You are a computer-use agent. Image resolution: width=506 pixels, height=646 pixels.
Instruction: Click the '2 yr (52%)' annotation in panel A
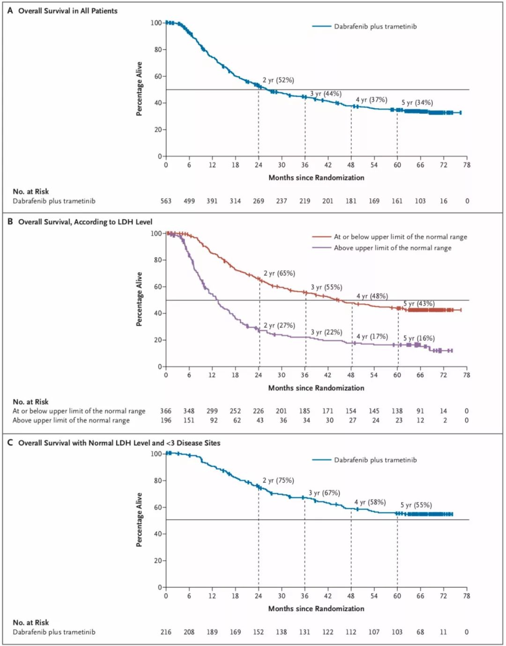(x=278, y=80)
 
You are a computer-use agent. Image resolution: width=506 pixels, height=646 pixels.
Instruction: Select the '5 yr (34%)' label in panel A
(x=417, y=103)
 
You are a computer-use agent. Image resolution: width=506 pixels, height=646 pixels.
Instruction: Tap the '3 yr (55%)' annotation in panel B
(x=327, y=287)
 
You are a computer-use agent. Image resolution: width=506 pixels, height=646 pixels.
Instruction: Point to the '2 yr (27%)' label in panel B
(x=279, y=325)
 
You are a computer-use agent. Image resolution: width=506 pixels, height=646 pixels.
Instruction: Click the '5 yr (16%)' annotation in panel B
(x=419, y=338)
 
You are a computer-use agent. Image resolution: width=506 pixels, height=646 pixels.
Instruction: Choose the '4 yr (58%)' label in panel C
(x=370, y=502)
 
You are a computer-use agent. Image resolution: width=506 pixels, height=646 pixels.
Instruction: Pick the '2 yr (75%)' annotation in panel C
(x=278, y=480)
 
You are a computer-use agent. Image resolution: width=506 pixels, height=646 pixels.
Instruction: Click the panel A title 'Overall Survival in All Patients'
(x=68, y=11)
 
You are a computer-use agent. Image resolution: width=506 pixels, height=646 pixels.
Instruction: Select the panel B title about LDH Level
(x=85, y=222)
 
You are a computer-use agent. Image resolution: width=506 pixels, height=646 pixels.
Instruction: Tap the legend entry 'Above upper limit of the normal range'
(x=393, y=248)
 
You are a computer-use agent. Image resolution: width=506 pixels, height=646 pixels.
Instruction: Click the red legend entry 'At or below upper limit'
(x=400, y=237)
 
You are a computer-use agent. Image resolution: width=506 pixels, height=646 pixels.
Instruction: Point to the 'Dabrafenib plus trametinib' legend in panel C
(x=375, y=460)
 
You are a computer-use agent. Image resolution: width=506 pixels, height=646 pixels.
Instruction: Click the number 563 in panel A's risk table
(x=166, y=201)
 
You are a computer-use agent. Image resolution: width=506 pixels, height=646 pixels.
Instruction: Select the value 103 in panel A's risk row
(x=420, y=201)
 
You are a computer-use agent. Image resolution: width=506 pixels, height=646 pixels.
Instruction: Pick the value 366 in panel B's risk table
(x=166, y=411)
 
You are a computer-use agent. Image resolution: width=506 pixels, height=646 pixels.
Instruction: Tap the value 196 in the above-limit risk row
(x=166, y=420)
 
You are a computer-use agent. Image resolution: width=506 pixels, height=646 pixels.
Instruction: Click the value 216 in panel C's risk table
(x=166, y=632)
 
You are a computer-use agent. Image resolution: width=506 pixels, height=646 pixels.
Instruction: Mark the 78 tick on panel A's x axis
(x=467, y=165)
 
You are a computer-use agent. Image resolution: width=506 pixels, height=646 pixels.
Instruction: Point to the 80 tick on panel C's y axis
(x=158, y=481)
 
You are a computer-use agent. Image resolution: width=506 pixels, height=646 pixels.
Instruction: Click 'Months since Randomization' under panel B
(x=316, y=388)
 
